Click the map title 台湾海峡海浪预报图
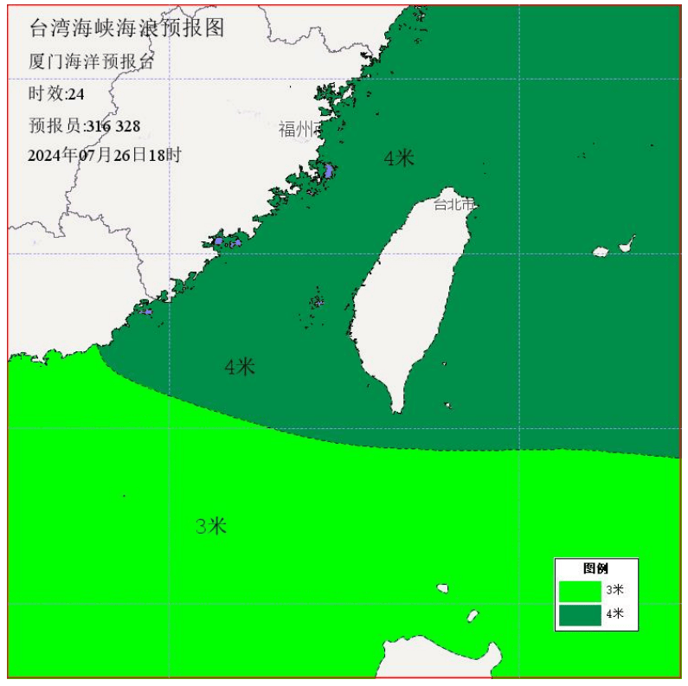coord(126,29)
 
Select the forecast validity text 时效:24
coord(56,93)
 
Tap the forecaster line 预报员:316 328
coord(84,126)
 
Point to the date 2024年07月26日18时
coord(104,156)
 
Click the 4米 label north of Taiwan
coord(399,157)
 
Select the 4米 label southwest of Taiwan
coord(240,367)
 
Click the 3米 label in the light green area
coord(211,525)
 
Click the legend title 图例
coord(595,568)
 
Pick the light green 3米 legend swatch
coord(580,590)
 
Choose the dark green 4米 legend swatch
coord(580,614)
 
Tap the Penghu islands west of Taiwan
coord(317,302)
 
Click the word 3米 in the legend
coord(614,590)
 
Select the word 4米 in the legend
coord(614,614)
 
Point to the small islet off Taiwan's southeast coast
coord(448,405)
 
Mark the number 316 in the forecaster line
coord(99,126)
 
